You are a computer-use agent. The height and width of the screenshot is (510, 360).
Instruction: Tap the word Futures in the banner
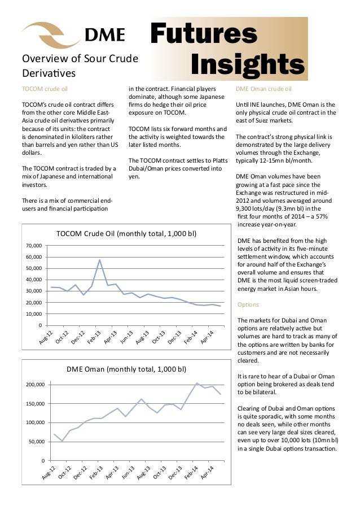pyautogui.click(x=204, y=34)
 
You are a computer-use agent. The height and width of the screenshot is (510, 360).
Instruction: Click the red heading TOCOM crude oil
pyautogui.click(x=43, y=89)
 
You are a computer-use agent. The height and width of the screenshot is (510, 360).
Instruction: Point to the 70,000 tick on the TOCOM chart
pyautogui.click(x=34, y=246)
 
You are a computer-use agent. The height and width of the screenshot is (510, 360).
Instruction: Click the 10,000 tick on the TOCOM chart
pyautogui.click(x=34, y=314)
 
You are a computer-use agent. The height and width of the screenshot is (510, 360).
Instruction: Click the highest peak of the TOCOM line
pyautogui.click(x=100, y=260)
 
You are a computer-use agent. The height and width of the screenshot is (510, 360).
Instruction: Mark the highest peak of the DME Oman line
pyautogui.click(x=197, y=383)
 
